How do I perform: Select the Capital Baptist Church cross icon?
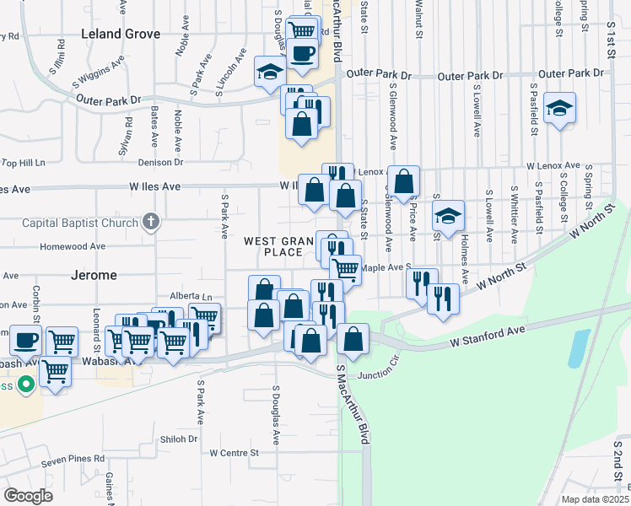point(151,223)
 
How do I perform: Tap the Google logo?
point(29,495)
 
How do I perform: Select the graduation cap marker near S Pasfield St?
point(559,109)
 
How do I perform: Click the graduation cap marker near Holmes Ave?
point(449,215)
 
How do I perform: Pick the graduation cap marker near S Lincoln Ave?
point(270,71)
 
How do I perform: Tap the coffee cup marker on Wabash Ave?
point(25,341)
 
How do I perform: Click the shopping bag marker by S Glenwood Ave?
point(404,180)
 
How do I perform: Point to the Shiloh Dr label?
point(179,439)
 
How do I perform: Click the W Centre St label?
point(234,454)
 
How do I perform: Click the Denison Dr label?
point(160,162)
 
